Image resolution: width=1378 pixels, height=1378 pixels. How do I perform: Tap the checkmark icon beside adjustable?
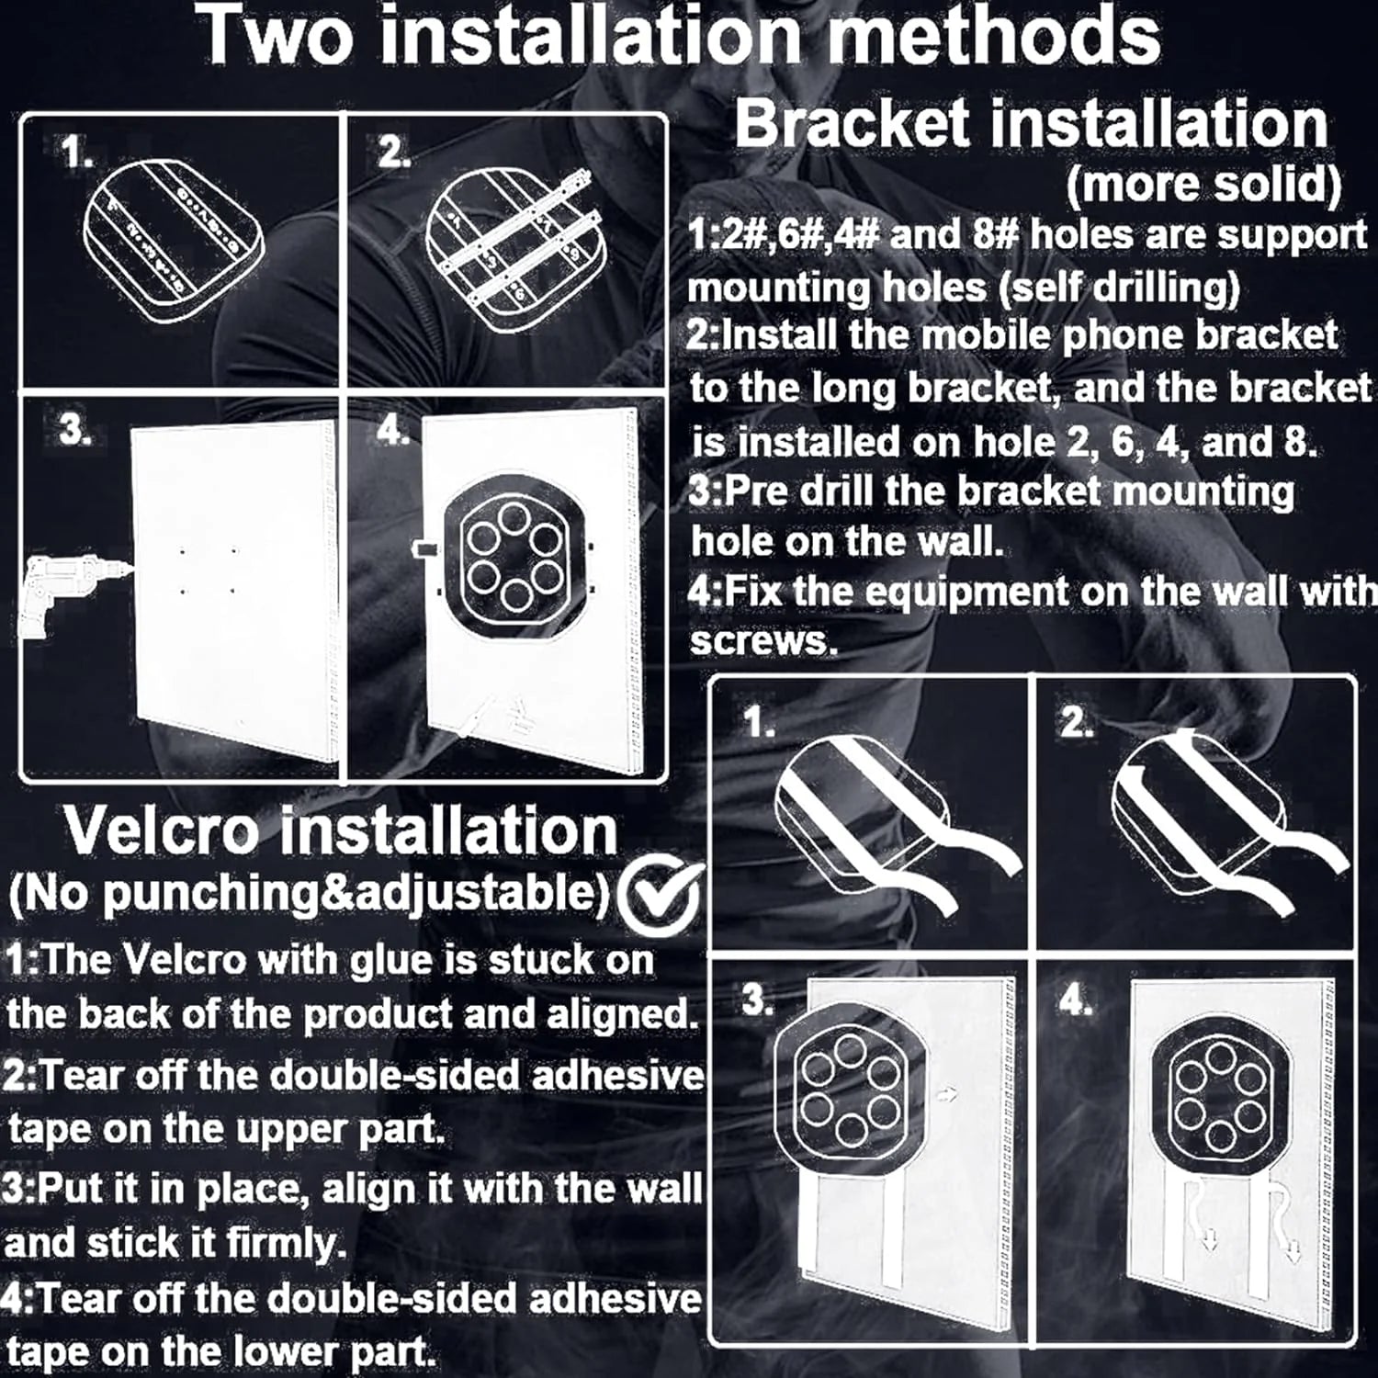click(x=660, y=895)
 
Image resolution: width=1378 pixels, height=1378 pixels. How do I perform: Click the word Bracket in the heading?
click(x=852, y=123)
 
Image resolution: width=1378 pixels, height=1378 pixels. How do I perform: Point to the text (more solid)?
click(x=1203, y=186)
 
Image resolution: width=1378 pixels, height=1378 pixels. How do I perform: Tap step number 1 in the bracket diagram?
click(x=78, y=152)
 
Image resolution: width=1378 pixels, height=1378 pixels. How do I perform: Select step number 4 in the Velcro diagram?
click(x=1076, y=1000)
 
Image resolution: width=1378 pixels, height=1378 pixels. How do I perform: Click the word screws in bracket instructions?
click(x=764, y=641)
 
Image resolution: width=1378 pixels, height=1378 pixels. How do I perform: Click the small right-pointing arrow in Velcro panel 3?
click(x=947, y=1094)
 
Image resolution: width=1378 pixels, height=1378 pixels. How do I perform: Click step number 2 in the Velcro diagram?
click(x=1077, y=724)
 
